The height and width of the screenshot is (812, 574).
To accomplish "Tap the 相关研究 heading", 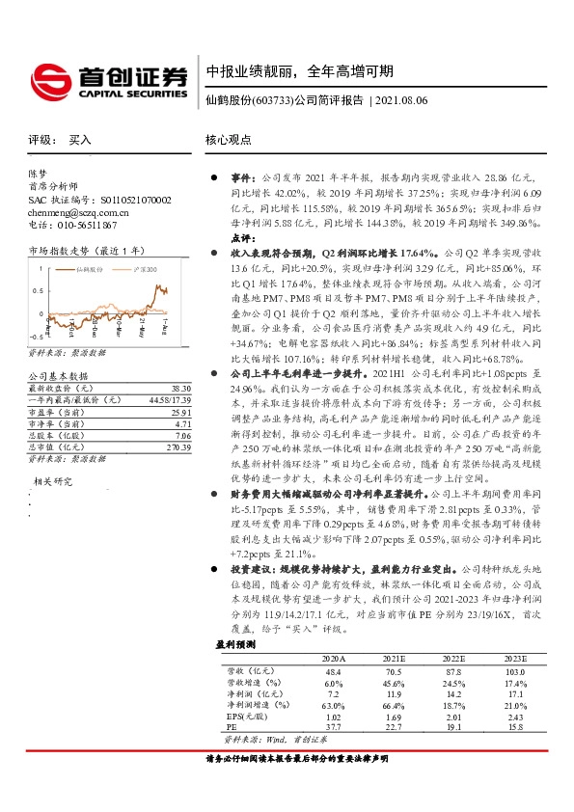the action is pyautogui.click(x=54, y=479).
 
